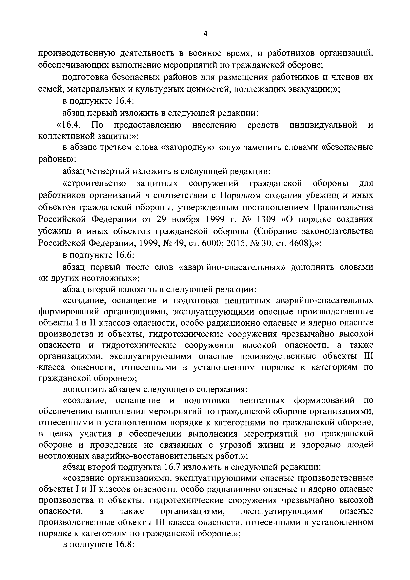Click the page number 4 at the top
coord(205,34)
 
